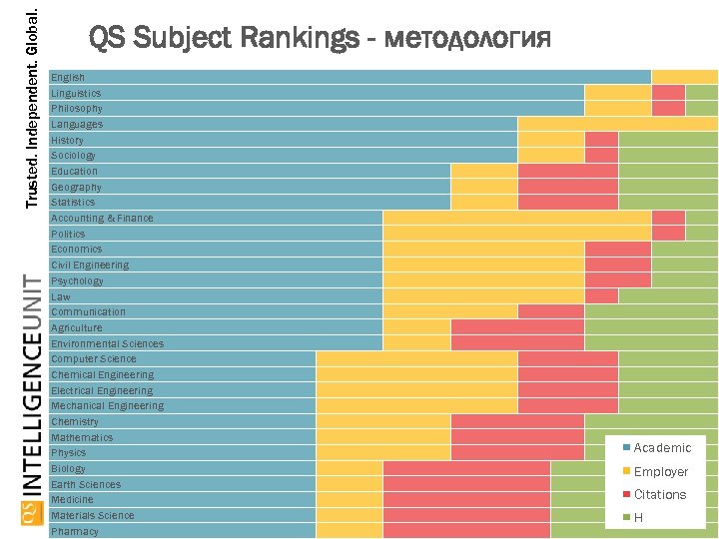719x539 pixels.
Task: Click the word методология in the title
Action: (x=466, y=39)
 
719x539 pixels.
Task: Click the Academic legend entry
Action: (x=661, y=448)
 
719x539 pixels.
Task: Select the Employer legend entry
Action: (x=660, y=471)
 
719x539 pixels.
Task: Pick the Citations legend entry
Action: (x=659, y=494)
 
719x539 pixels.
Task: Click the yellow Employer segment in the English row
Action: (x=684, y=77)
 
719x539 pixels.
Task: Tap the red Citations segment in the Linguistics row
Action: (x=668, y=93)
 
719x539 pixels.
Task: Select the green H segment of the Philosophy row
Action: (x=701, y=108)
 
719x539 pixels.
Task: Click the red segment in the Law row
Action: (x=601, y=296)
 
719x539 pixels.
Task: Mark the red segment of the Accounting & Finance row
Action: (x=668, y=218)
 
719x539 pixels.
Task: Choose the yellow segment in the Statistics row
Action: (x=484, y=202)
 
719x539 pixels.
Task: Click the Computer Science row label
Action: (x=94, y=359)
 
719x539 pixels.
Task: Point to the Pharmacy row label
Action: (x=75, y=531)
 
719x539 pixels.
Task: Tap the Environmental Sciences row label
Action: (x=107, y=343)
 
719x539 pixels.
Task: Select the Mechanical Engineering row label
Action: (x=107, y=406)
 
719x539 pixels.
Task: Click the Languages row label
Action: (x=77, y=124)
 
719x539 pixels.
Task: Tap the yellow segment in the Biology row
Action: (x=350, y=468)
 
